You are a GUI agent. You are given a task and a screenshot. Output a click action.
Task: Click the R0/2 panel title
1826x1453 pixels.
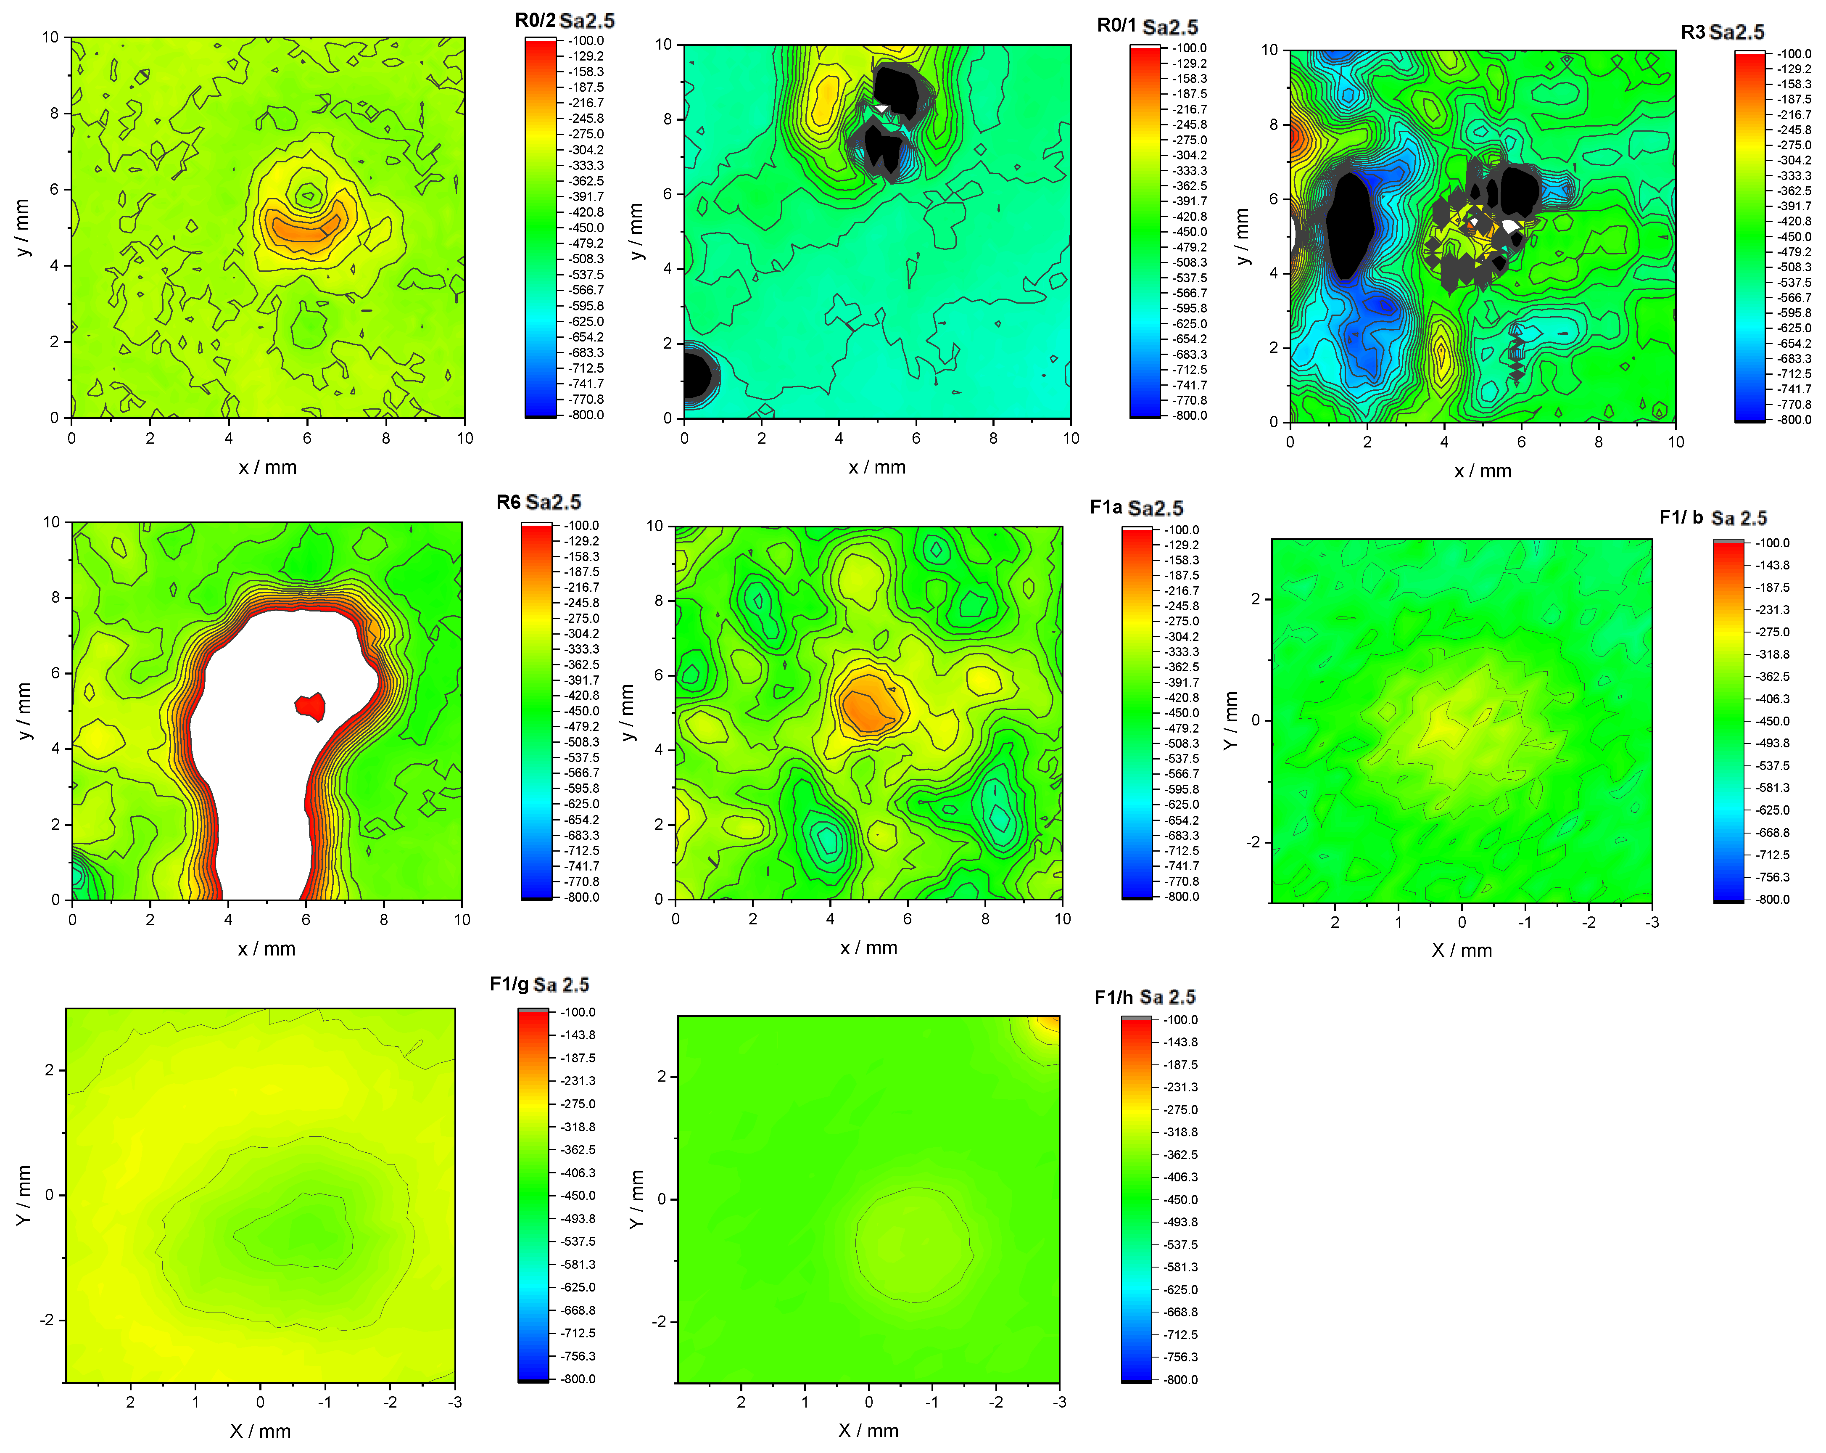[564, 20]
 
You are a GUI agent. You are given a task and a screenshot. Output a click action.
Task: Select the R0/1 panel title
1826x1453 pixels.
[1147, 26]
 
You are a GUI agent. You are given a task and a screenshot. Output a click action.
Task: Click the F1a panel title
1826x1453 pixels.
[1136, 508]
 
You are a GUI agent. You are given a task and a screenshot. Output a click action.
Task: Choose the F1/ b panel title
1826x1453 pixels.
[1713, 518]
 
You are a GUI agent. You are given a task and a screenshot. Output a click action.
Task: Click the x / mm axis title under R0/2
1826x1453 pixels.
[268, 467]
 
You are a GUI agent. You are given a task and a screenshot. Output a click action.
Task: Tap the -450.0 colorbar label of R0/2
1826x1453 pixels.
[586, 227]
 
